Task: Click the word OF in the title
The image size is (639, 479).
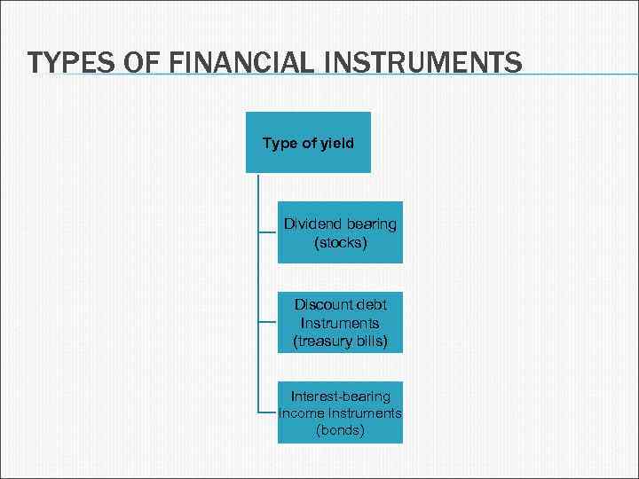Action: [x=132, y=63]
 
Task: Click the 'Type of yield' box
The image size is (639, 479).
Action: [x=308, y=142]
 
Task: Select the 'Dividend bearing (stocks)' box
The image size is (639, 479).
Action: [x=340, y=232]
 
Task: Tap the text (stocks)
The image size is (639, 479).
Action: [x=340, y=241]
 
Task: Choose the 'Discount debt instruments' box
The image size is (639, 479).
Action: [x=340, y=323]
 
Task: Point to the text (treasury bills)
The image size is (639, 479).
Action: [x=340, y=341]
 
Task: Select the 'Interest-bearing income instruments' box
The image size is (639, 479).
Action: [x=340, y=413]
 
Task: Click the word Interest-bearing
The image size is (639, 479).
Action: [x=340, y=397]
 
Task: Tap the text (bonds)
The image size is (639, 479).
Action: [x=340, y=431]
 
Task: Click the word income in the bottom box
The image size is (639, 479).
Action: [x=301, y=413]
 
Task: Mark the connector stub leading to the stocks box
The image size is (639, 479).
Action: [x=267, y=232]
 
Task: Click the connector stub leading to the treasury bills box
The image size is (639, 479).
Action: [x=267, y=323]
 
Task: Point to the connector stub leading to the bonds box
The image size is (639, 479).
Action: [x=267, y=413]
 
